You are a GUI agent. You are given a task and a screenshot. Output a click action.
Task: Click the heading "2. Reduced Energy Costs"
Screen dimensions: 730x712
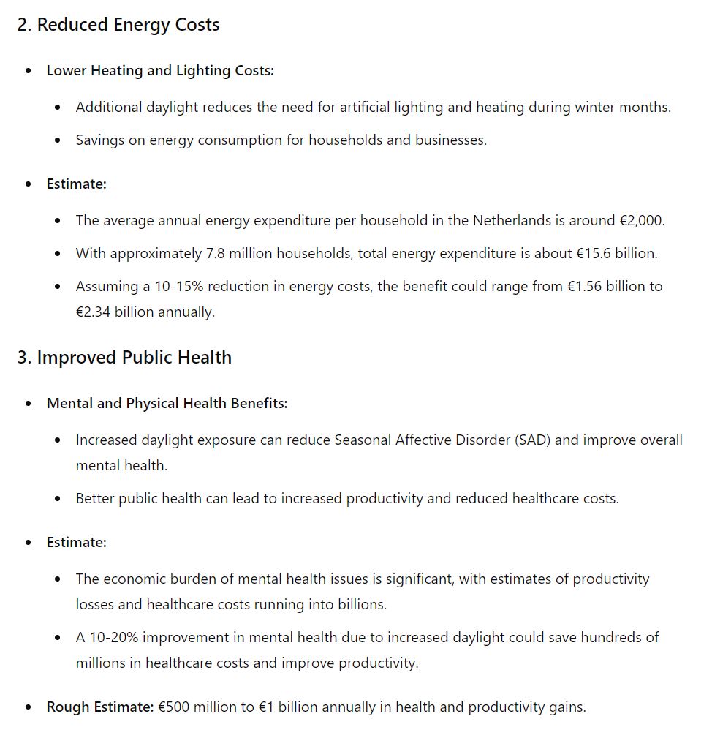pyautogui.click(x=118, y=25)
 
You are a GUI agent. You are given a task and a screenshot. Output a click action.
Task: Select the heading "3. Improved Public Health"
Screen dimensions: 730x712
pyautogui.click(x=124, y=358)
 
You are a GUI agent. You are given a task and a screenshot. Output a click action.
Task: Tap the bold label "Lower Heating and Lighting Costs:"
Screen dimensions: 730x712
pyautogui.click(x=160, y=71)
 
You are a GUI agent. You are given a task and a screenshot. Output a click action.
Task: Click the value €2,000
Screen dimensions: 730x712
pyautogui.click(x=641, y=220)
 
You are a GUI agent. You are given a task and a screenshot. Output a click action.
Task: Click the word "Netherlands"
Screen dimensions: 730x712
pyautogui.click(x=513, y=220)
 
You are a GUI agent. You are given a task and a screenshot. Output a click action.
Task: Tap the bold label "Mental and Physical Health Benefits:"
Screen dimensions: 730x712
pyautogui.click(x=167, y=404)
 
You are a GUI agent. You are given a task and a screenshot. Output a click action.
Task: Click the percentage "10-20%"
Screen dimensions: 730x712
pyautogui.click(x=114, y=637)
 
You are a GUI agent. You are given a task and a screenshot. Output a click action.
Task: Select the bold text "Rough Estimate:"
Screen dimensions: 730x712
pyautogui.click(x=100, y=707)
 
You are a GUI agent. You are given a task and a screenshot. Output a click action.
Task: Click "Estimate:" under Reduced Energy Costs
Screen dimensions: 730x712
pyautogui.click(x=77, y=184)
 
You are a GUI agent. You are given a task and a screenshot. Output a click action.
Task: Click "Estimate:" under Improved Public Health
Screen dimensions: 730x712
pyautogui.click(x=77, y=543)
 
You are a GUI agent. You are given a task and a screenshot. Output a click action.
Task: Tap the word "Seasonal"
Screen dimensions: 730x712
pyautogui.click(x=363, y=440)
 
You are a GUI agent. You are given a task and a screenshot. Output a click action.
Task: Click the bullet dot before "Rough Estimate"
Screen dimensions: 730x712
pyautogui.click(x=29, y=708)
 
